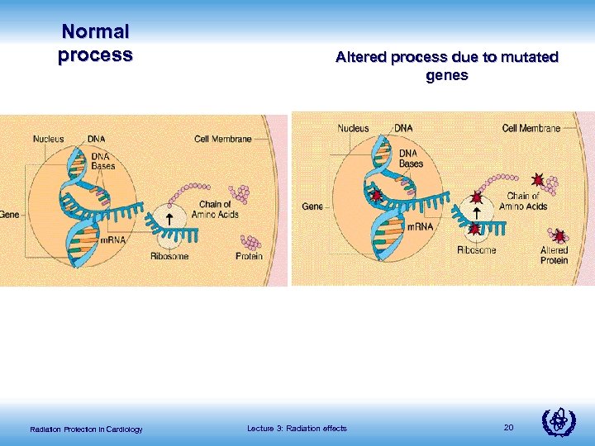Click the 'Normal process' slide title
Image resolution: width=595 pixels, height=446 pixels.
(95, 44)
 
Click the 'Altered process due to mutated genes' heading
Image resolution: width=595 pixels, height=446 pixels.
(447, 66)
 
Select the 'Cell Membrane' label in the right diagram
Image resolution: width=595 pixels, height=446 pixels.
(531, 128)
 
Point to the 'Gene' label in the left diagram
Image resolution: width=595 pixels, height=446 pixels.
(9, 214)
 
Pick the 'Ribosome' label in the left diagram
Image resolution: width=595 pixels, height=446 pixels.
(169, 256)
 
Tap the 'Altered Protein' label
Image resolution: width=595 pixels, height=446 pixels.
(554, 254)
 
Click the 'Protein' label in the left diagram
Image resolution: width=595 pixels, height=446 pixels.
(249, 256)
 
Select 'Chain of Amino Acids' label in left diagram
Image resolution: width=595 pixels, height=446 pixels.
(219, 209)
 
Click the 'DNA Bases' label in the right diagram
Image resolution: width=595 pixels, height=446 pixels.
(411, 158)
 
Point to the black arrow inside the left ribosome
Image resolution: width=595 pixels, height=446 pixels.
(169, 219)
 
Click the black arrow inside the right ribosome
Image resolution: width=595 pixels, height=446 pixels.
(476, 213)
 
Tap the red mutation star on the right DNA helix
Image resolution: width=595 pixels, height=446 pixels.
(378, 197)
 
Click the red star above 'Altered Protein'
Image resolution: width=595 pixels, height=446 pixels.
(559, 236)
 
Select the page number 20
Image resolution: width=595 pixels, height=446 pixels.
(508, 427)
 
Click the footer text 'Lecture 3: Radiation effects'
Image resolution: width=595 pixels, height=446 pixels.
(297, 428)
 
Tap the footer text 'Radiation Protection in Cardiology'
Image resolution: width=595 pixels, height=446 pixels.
(86, 429)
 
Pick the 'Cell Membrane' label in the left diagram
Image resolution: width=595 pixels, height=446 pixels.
(223, 139)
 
